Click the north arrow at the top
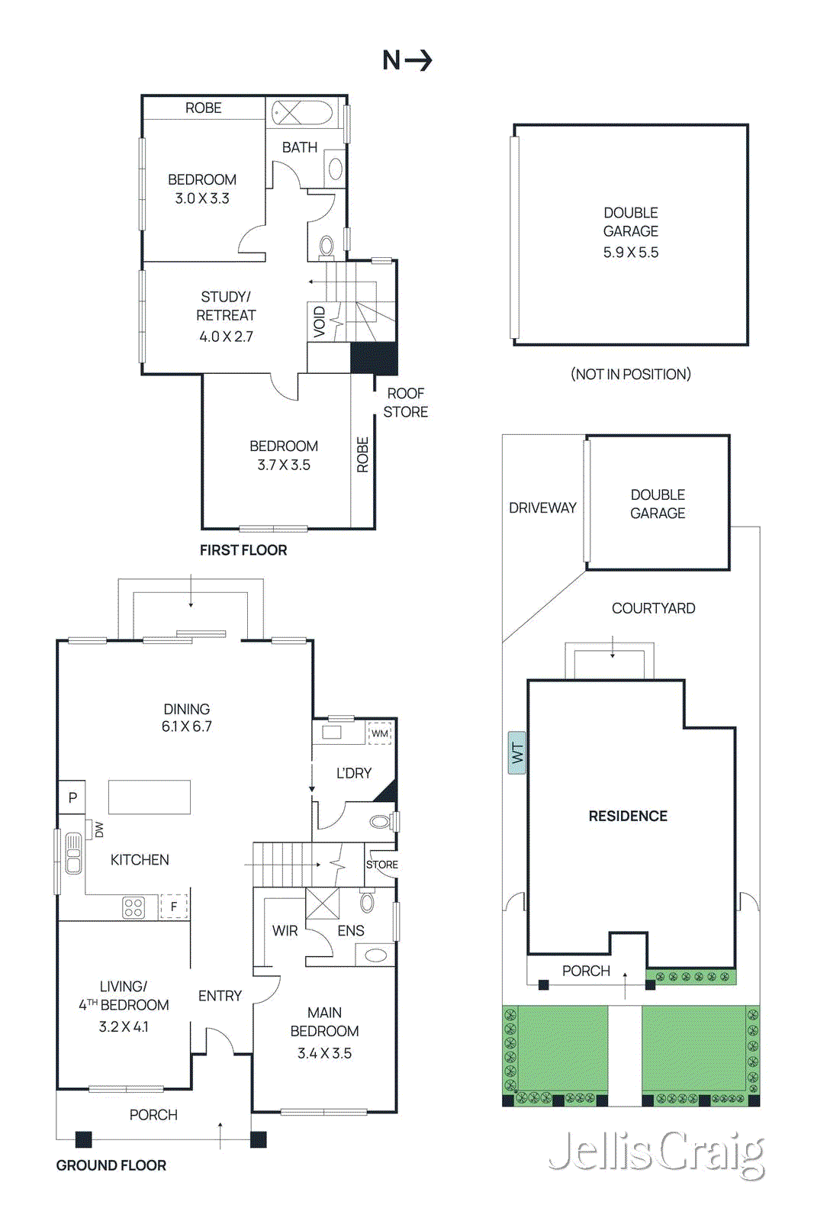point(407,60)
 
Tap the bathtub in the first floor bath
point(303,112)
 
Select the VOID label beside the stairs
point(320,321)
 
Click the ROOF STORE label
point(405,402)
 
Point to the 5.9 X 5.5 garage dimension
point(630,253)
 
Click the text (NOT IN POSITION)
point(630,374)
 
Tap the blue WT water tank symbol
point(517,752)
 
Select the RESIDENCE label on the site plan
point(627,816)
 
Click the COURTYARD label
point(653,608)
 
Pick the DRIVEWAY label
point(542,507)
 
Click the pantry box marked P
point(72,797)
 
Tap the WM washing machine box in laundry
point(379,733)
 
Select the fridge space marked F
point(174,906)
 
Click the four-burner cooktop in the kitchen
point(134,907)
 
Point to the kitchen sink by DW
point(73,853)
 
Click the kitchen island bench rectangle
point(149,797)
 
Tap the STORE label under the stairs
point(381,865)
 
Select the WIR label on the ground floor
point(285,930)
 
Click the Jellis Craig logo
point(656,1152)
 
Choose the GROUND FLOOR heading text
point(111,1165)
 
